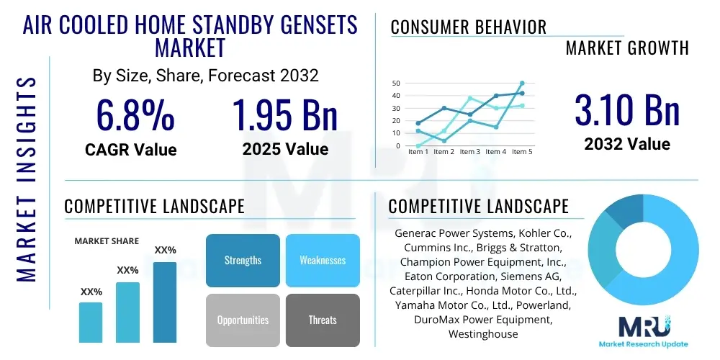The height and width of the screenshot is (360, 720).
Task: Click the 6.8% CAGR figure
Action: tap(135, 114)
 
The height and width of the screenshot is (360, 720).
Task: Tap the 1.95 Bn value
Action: tap(285, 114)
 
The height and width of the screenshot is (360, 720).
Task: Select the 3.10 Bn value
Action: tap(627, 110)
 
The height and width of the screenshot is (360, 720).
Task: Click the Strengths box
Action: tap(243, 260)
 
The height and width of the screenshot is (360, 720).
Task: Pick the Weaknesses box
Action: tap(323, 260)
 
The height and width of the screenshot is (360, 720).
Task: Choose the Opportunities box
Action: tap(243, 320)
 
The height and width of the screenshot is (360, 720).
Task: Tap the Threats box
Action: tap(323, 320)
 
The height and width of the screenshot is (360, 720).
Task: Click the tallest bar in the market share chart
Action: tap(165, 302)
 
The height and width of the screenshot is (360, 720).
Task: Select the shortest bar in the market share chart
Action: tap(91, 322)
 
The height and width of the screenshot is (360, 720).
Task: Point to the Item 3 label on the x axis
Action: tap(469, 152)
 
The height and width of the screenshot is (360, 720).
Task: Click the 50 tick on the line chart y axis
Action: tap(396, 84)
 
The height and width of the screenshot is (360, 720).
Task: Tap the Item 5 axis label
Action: tap(522, 152)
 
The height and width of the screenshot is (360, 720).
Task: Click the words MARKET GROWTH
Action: tap(627, 48)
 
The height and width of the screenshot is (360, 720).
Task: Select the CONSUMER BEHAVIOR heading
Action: tap(468, 27)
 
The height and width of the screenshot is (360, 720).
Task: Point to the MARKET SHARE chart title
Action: tap(107, 241)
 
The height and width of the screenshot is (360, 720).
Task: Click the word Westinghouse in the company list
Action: tap(482, 334)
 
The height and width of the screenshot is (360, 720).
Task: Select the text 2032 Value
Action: tap(627, 144)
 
